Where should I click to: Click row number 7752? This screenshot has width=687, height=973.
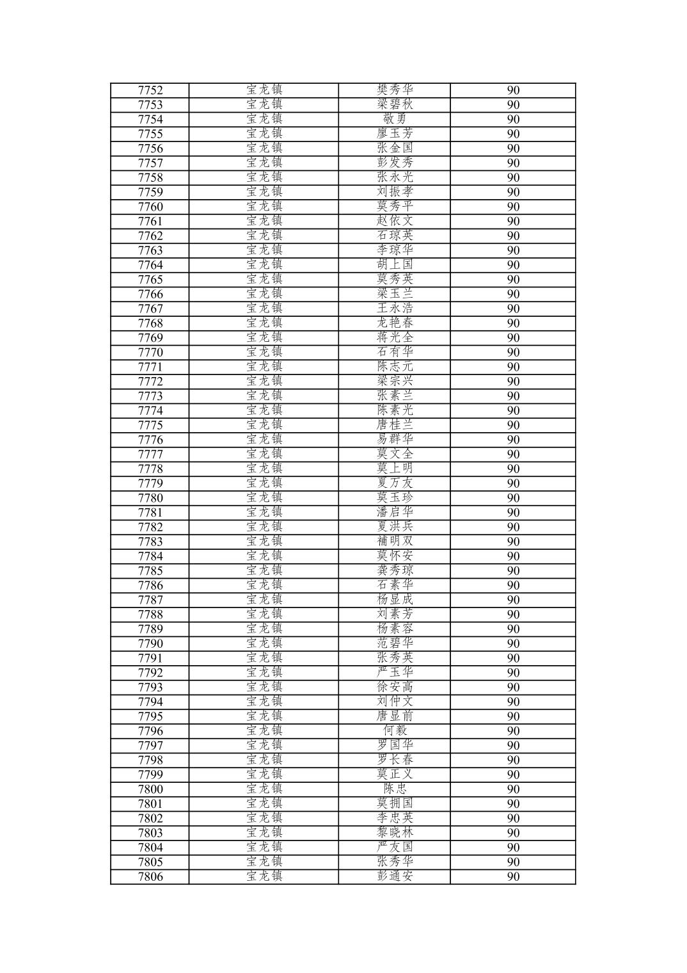[x=150, y=90]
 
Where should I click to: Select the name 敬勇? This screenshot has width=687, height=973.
[x=395, y=119]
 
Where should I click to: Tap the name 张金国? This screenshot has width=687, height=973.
[x=395, y=149]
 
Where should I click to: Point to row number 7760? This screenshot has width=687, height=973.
[x=150, y=207]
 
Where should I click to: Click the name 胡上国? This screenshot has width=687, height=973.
[x=395, y=265]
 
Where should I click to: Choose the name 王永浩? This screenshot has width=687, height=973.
[x=395, y=309]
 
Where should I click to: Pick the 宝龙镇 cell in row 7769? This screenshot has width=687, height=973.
[x=264, y=338]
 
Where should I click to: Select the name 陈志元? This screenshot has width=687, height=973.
[x=395, y=367]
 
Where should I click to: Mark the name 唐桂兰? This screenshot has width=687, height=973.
[x=395, y=425]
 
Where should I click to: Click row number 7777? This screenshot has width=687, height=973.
[x=150, y=454]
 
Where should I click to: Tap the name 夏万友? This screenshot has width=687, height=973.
[x=395, y=483]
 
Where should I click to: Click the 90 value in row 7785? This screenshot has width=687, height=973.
[x=513, y=571]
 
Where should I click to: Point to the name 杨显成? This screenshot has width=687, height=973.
[x=395, y=600]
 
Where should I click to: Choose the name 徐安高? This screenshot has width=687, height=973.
[x=395, y=688]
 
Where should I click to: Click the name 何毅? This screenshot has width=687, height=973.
[x=395, y=731]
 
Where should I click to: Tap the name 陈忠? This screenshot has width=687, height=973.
[x=395, y=789]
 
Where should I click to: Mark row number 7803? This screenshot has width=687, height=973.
[x=150, y=833]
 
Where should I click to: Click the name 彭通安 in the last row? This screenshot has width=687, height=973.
[x=395, y=877]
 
